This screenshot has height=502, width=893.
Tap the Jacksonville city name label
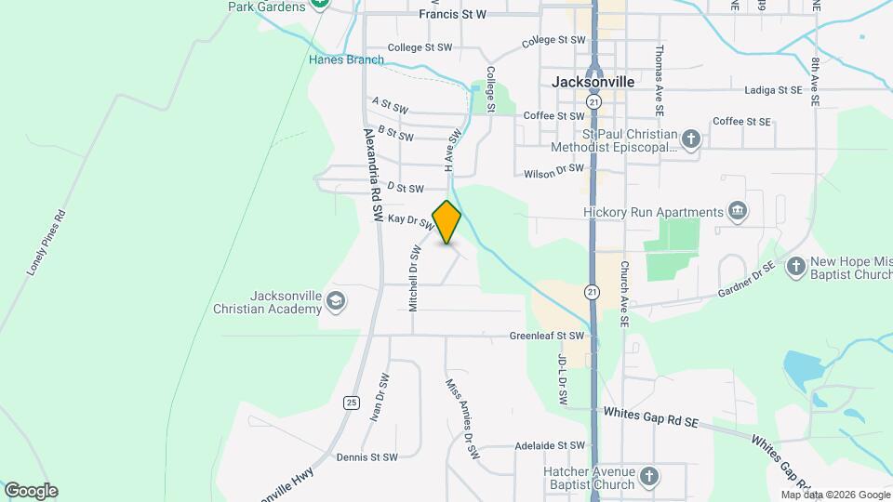pyautogui.click(x=593, y=82)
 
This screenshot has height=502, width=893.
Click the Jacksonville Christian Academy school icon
pyautogui.click(x=336, y=301)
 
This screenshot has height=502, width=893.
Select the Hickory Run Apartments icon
pyautogui.click(x=738, y=212)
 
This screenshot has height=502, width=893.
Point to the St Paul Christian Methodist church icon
pyautogui.click(x=690, y=139)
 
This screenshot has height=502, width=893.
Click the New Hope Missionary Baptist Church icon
pyautogui.click(x=795, y=268)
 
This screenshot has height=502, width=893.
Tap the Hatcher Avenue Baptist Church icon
pyautogui.click(x=649, y=478)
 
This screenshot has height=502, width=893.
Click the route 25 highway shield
pyautogui.click(x=351, y=403)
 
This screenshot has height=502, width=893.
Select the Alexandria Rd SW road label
pyautogui.click(x=373, y=173)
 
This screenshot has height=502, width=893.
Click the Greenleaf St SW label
pyautogui.click(x=547, y=336)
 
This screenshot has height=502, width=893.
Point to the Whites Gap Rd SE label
pyautogui.click(x=650, y=416)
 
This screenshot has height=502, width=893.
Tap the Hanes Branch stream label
pyautogui.click(x=346, y=59)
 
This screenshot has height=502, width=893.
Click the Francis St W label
pyautogui.click(x=453, y=14)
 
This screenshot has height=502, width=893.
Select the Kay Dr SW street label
pyautogui.click(x=411, y=221)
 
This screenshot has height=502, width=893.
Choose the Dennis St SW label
pyautogui.click(x=367, y=457)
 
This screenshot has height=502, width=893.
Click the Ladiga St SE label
pyautogui.click(x=774, y=90)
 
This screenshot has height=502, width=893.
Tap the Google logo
pyautogui.click(x=31, y=491)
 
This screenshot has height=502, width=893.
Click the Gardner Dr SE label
pyautogui.click(x=746, y=282)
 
